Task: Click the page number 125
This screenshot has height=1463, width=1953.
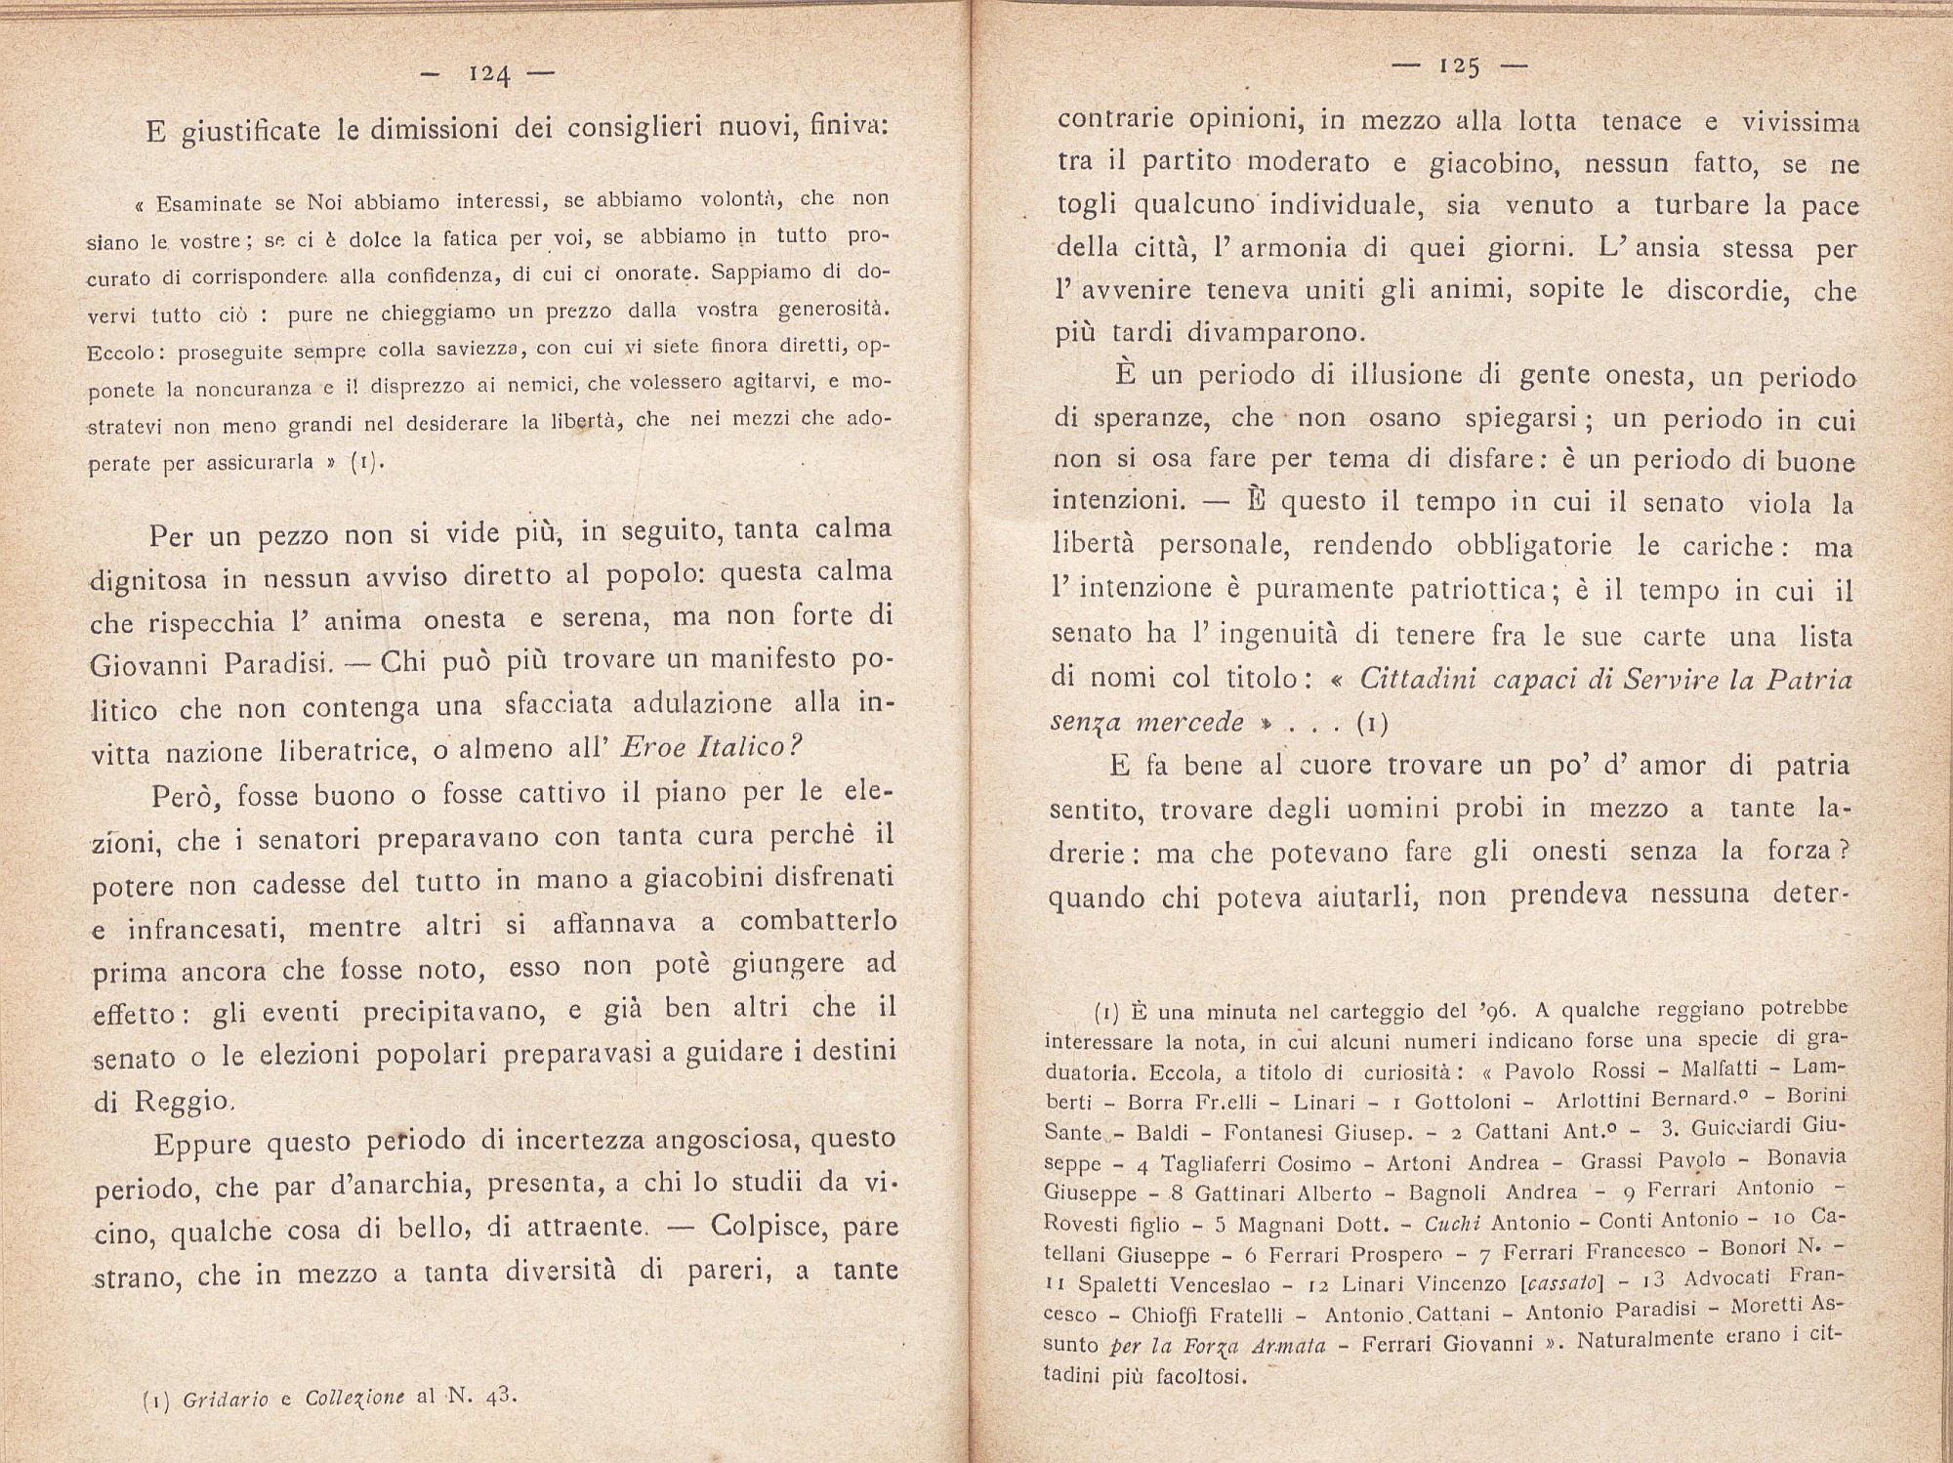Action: tap(1459, 67)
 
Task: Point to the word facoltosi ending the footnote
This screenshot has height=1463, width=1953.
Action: tap(1189, 1376)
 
